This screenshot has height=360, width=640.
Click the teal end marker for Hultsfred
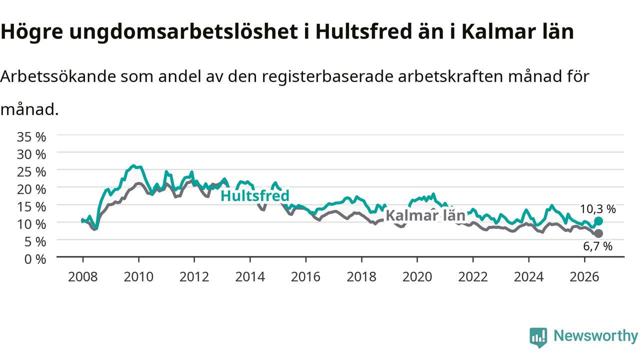(598, 221)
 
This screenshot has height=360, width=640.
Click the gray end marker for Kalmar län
(598, 233)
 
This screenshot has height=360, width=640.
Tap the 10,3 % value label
(597, 209)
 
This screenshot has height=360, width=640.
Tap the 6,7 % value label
(597, 246)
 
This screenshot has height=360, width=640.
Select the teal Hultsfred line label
(255, 196)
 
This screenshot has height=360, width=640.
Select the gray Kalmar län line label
(425, 215)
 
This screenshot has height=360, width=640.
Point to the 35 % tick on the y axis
(31, 137)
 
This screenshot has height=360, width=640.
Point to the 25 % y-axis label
(31, 172)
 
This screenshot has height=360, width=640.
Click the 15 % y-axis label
(31, 207)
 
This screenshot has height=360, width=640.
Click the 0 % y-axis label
(35, 259)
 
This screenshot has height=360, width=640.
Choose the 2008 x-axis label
(83, 277)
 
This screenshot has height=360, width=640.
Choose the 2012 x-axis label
(194, 277)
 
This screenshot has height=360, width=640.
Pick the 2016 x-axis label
(305, 277)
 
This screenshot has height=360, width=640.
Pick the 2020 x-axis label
(417, 277)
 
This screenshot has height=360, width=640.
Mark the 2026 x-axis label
(584, 277)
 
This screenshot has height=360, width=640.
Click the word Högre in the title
(31, 31)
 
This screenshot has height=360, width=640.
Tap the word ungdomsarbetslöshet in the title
(183, 31)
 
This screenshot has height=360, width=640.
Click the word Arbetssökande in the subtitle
(58, 76)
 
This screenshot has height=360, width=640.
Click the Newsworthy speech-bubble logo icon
(538, 337)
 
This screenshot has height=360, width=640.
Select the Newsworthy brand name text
(596, 335)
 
